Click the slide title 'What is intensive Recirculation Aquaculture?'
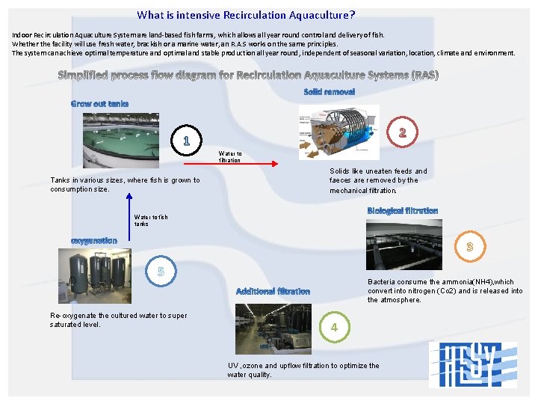(246, 15)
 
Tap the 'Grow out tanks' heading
(99, 103)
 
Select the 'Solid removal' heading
(329, 91)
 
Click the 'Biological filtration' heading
(403, 211)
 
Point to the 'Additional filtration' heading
(273, 291)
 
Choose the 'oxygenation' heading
(93, 240)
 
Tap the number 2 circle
(402, 133)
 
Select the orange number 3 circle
(470, 245)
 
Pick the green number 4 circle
(334, 327)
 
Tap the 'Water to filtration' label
(229, 157)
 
